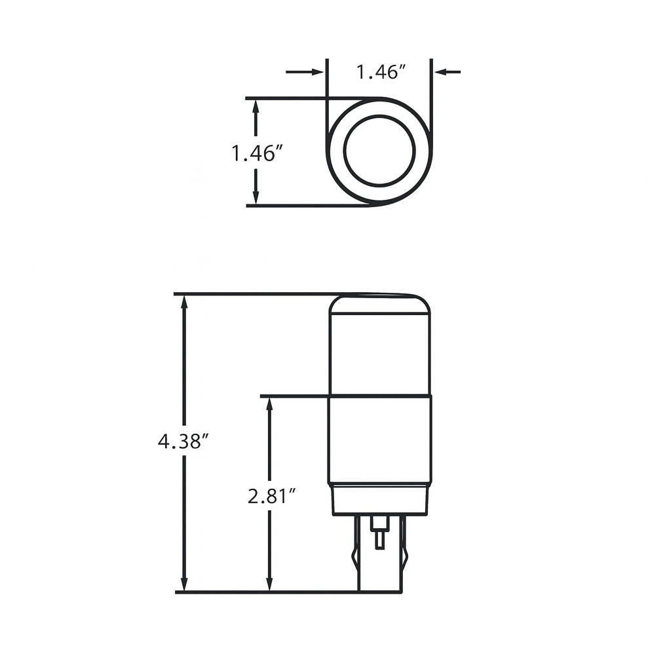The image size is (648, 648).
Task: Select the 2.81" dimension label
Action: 269,497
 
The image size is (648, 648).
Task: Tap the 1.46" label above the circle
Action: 378,72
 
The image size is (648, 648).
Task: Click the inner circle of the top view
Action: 379,151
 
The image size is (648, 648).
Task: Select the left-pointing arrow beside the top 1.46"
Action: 447,71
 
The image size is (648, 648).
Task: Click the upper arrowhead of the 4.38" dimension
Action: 185,303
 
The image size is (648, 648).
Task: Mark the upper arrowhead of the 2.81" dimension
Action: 269,405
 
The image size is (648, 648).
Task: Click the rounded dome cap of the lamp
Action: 379,305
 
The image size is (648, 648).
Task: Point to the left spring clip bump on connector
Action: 354,560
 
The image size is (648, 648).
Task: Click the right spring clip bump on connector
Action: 405,560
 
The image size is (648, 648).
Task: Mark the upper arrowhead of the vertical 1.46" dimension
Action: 256,108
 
